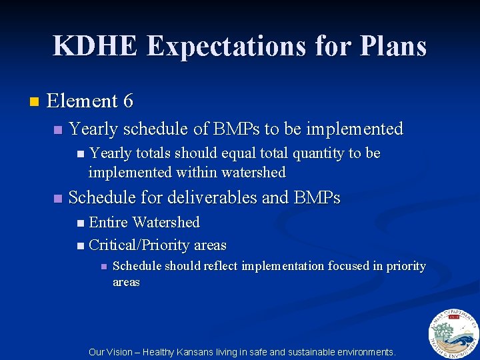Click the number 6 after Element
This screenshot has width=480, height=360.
tap(128, 101)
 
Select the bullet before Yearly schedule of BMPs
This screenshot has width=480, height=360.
tap(58, 129)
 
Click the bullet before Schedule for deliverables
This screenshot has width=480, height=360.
tap(58, 199)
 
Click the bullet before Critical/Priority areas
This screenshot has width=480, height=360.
tap(81, 246)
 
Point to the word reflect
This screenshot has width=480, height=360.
tap(217, 266)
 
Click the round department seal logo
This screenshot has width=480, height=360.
tap(453, 333)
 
